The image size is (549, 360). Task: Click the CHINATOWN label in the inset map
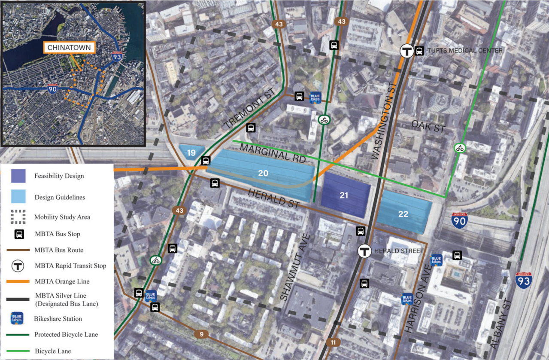coord(69,47)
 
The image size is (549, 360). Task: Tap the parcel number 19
coord(191,153)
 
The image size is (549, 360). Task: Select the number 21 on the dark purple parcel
coord(344,195)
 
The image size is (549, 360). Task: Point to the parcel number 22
coord(403,214)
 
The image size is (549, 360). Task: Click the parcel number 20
coord(263,173)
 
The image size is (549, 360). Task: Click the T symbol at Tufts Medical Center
coord(406,51)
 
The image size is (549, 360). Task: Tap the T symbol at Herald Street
coord(365,251)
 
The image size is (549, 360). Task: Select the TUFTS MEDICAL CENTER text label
coord(464,51)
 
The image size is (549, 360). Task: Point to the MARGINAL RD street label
coord(273,153)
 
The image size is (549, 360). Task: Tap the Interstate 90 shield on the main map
coord(459,220)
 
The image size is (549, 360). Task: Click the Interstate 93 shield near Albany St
coord(524,279)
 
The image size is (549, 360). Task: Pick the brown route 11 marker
coord(334,342)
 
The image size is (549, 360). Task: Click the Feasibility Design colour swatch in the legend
coord(18,176)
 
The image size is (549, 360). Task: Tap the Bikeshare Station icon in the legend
coord(17,318)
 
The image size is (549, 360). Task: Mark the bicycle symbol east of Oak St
coord(460,149)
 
